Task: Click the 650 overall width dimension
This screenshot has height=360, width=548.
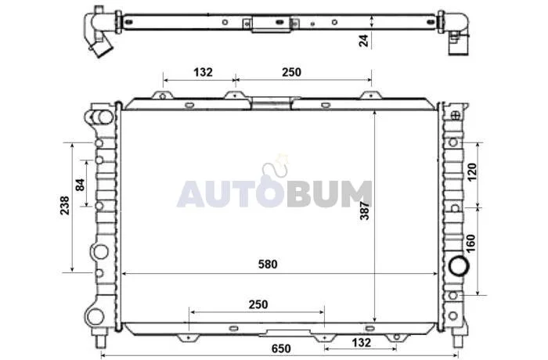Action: (x=281, y=348)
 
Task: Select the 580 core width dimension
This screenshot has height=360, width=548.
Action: (x=268, y=265)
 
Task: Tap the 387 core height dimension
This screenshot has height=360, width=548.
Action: (x=365, y=211)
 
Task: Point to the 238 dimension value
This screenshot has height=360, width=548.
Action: (x=65, y=206)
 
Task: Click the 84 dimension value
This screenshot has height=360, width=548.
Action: (x=80, y=185)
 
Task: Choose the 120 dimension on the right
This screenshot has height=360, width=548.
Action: (x=471, y=172)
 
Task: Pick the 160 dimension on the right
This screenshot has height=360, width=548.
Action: (x=470, y=243)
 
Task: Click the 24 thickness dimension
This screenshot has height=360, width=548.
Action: (x=363, y=41)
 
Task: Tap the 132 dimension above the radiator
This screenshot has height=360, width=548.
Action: (x=203, y=72)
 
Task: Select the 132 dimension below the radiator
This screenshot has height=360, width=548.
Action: (x=361, y=343)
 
